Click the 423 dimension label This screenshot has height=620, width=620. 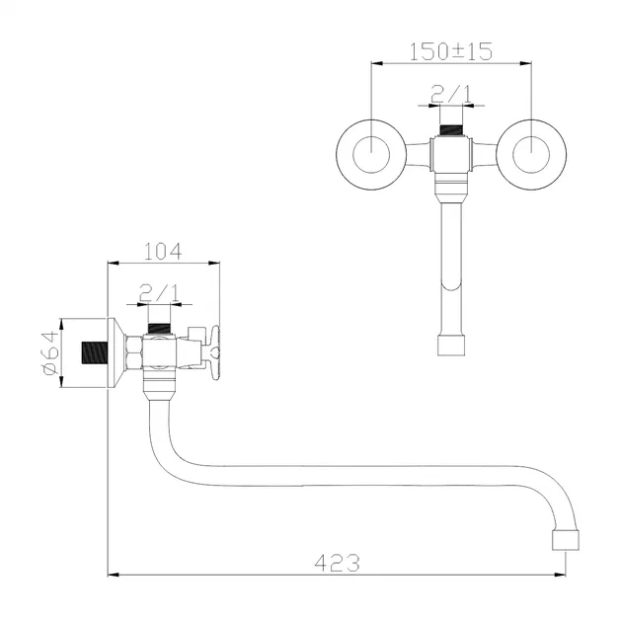pos(338,562)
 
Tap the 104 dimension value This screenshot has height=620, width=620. pos(162,251)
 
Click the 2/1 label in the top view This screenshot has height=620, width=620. pos(451,97)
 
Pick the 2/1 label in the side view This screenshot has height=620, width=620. pos(158,292)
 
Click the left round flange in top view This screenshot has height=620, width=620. pos(368,153)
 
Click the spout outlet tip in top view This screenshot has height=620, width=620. pos(451,345)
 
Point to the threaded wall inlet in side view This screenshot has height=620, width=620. pos(92,351)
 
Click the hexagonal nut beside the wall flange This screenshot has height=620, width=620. pos(132,351)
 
